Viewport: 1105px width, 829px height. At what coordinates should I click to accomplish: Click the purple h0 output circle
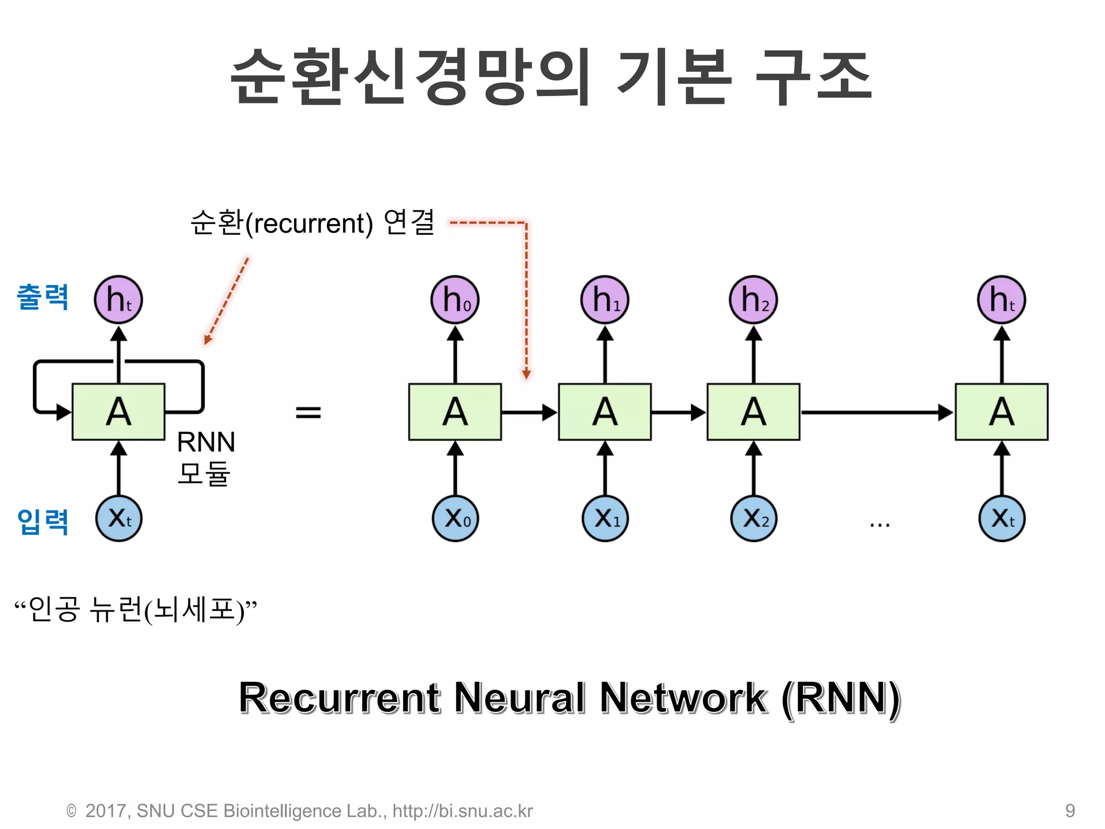click(x=455, y=300)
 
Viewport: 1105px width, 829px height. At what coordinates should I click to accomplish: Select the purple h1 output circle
click(x=605, y=300)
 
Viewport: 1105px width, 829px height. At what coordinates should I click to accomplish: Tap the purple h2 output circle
click(x=753, y=300)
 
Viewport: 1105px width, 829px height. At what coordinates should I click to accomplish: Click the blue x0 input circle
click(x=455, y=519)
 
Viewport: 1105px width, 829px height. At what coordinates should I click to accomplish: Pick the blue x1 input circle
click(x=605, y=519)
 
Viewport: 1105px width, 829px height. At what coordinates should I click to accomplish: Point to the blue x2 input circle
click(x=753, y=519)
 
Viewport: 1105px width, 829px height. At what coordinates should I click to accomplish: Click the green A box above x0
click(x=455, y=412)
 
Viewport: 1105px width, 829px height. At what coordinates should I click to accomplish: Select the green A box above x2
click(x=753, y=412)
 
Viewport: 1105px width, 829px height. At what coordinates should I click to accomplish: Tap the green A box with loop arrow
click(x=118, y=412)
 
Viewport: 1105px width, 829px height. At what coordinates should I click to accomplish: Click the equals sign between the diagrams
click(x=308, y=413)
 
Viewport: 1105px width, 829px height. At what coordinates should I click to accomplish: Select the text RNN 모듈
click(x=206, y=458)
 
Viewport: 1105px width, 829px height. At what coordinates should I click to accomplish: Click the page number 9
click(x=1070, y=811)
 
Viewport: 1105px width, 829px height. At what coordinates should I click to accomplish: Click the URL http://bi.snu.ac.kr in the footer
click(x=462, y=811)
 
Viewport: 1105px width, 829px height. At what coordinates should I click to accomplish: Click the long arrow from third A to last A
click(x=877, y=412)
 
